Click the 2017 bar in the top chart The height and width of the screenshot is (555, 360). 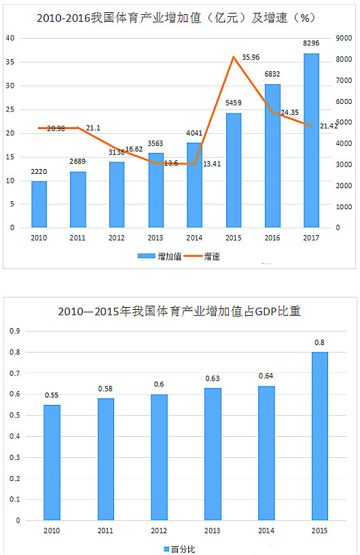pos(311,140)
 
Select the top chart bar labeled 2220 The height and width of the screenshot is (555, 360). pos(39,204)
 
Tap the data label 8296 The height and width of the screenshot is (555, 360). pos(311,44)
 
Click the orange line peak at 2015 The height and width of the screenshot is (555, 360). pos(234,57)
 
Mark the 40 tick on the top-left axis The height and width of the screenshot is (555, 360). pos(10,38)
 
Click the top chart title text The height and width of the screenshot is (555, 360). pos(180,15)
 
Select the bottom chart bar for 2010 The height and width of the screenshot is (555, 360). pos(52,463)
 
